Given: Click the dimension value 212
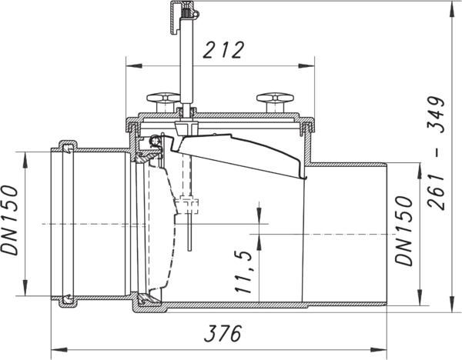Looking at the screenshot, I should point(223,51).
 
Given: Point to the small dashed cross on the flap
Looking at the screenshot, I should point(189,206).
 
